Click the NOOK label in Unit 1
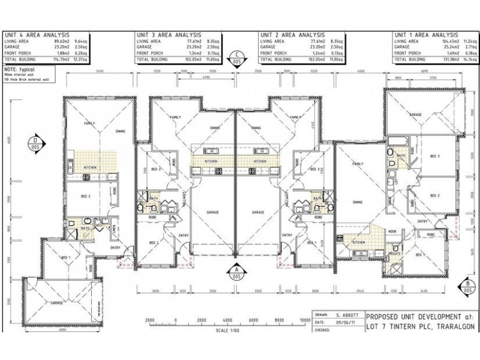click(392, 230)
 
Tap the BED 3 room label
click(435, 157)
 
